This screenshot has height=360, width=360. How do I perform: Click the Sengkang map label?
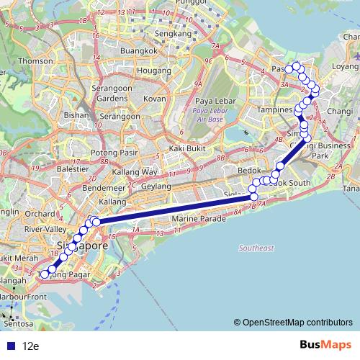coord(173,33)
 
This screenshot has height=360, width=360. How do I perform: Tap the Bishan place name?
coord(76,114)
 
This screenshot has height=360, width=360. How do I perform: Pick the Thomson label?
coord(35,61)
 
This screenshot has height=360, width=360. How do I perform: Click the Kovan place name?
coord(155,98)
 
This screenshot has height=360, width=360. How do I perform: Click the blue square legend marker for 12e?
coord(8,346)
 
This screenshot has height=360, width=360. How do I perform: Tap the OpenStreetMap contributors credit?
coord(298,323)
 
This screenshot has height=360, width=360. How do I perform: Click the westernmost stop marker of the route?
coord(45,274)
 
